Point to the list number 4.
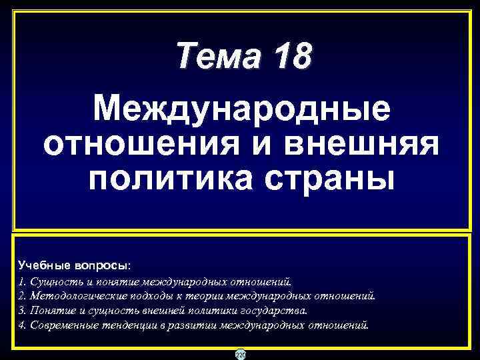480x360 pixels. [22, 326]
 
